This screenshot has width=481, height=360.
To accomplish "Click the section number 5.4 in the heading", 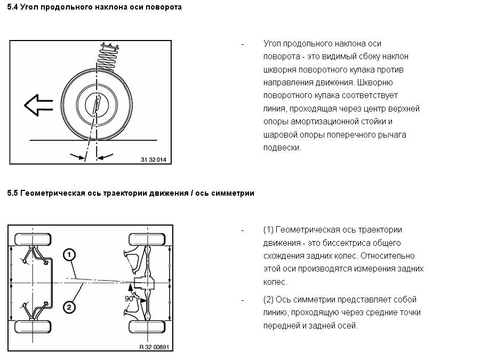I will [12, 7].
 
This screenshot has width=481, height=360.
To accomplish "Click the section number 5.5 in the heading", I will [12, 193].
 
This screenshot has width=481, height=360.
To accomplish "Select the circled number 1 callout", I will [69, 255].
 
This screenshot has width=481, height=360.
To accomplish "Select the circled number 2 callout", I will [69, 306].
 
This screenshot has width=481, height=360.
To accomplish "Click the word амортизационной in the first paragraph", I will [319, 122].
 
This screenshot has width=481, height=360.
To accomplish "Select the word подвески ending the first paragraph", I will [282, 148].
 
